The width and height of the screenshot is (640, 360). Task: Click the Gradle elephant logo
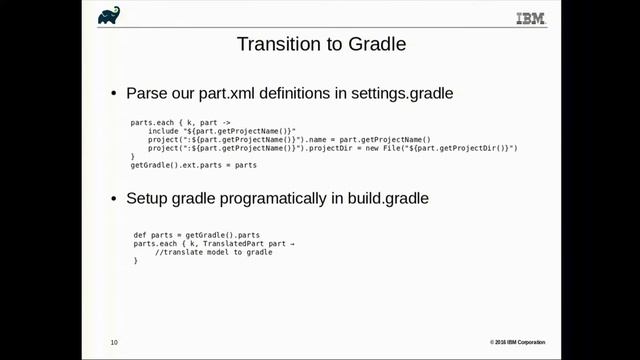pos(109,15)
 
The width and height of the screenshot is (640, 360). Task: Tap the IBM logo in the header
pos(531,17)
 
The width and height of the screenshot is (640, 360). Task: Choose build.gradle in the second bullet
pos(385,199)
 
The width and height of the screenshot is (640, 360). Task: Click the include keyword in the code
pos(164,131)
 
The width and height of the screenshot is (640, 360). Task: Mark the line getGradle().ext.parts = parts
pos(188,165)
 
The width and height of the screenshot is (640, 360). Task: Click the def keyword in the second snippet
pos(140,235)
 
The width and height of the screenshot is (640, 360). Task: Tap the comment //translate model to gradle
pos(214,252)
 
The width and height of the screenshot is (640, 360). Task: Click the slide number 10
pos(114,343)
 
